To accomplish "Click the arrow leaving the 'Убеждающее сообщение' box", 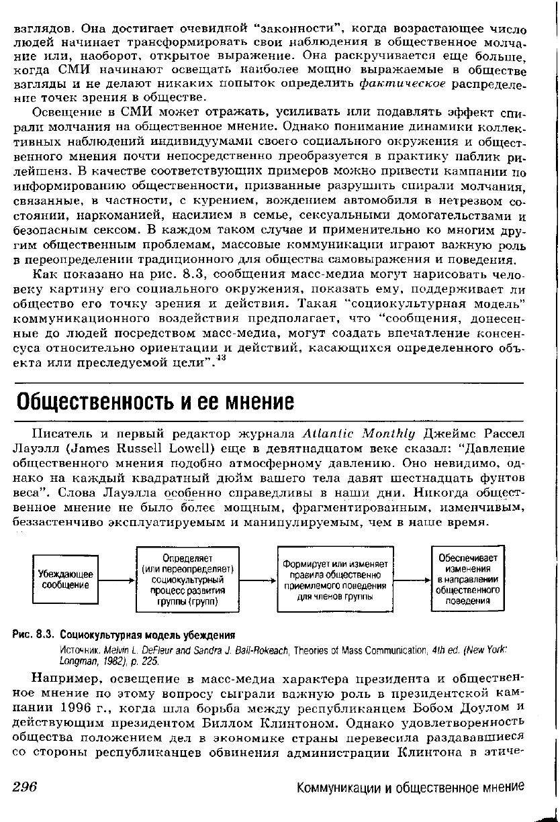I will [x=118, y=579].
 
